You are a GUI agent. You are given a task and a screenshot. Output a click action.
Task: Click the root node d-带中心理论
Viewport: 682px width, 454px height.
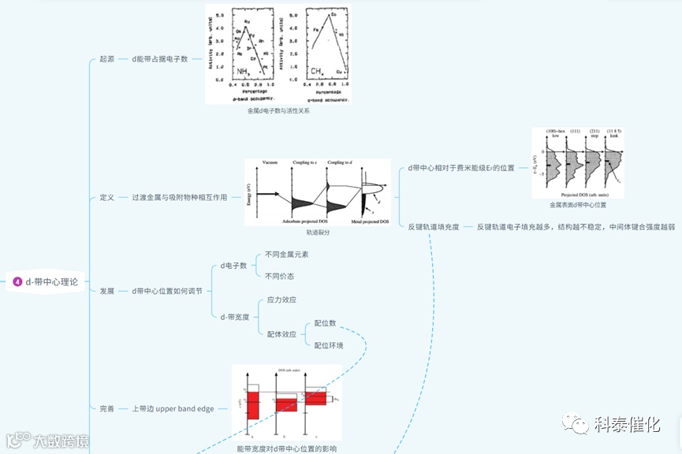click(52, 281)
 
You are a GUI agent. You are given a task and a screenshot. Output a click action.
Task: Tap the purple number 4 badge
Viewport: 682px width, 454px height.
click(17, 281)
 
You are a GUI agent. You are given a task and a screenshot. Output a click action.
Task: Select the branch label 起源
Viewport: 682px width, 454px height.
click(107, 59)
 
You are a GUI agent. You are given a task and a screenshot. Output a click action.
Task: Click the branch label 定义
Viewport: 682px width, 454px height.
click(107, 197)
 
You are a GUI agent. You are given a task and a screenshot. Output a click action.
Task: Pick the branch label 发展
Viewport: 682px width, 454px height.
click(107, 291)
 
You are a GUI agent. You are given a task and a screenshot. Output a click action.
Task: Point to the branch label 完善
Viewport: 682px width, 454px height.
click(107, 409)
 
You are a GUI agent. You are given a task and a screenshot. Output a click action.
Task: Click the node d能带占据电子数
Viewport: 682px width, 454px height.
click(160, 59)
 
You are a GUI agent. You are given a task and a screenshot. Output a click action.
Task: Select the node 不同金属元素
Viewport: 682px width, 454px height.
click(286, 255)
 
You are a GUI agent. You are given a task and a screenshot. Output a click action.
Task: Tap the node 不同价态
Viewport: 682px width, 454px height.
click(279, 277)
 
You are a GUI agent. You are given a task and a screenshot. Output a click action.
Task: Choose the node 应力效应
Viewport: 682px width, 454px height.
click(281, 300)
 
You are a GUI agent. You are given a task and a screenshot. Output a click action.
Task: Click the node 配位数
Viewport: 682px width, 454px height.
click(325, 323)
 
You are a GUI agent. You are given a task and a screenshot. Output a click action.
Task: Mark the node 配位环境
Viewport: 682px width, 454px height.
click(329, 345)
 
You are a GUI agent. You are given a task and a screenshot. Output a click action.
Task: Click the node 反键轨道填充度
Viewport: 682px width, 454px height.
click(434, 227)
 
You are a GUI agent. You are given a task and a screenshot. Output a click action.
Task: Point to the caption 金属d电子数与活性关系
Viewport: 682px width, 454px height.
click(278, 111)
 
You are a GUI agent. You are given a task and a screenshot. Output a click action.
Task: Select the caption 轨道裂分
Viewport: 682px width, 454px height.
click(318, 233)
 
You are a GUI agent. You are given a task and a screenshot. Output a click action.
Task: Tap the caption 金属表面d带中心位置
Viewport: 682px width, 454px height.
click(578, 204)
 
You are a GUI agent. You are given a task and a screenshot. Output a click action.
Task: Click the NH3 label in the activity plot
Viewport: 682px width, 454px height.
click(244, 72)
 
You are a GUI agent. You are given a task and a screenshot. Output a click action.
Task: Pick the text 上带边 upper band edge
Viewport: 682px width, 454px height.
click(173, 409)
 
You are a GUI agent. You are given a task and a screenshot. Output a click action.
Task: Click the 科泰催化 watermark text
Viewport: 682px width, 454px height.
click(626, 424)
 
